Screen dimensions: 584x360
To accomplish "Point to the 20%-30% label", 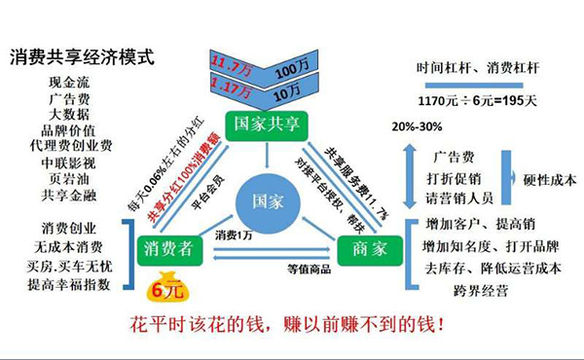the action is click(x=417, y=128).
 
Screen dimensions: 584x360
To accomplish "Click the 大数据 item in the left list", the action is click(x=70, y=115).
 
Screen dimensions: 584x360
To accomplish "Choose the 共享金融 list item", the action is click(x=70, y=195).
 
